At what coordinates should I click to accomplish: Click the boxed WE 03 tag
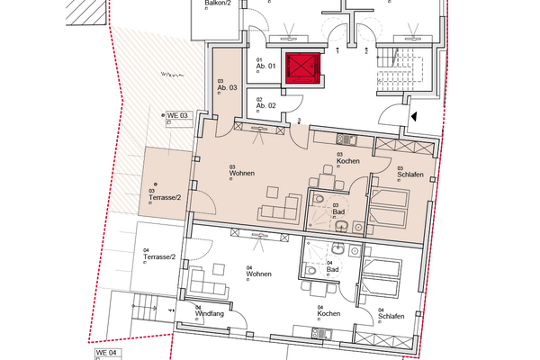click(176, 115)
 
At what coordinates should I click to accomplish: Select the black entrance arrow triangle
click(414, 115)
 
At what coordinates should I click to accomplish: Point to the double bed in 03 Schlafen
click(390, 209)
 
